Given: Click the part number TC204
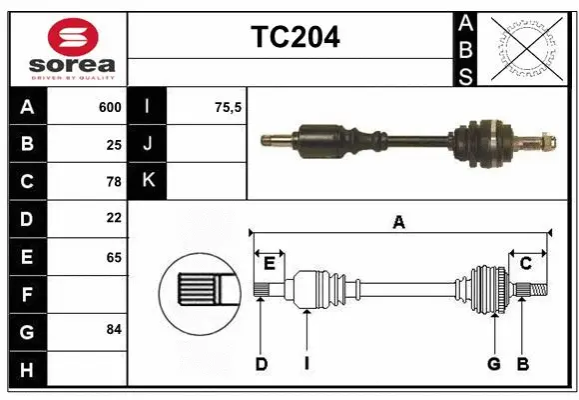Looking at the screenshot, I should (x=294, y=37).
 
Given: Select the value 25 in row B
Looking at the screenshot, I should (x=114, y=144).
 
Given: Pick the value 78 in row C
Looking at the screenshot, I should (x=114, y=181).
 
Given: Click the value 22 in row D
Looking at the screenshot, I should (x=114, y=217).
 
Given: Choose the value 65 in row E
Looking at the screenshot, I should (x=114, y=257).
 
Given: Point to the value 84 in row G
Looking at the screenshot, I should (x=114, y=329).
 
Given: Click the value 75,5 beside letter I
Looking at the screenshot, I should (x=229, y=107).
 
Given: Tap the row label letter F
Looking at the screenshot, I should (x=27, y=295).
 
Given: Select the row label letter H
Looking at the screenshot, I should (x=27, y=370).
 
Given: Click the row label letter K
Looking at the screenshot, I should (x=149, y=181).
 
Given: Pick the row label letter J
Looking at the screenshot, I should (x=149, y=144).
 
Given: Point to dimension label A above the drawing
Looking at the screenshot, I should (x=398, y=222).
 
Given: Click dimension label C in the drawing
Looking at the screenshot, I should (x=525, y=264).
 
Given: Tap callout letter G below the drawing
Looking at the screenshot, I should (x=493, y=364).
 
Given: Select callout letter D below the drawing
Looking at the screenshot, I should (x=261, y=364).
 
